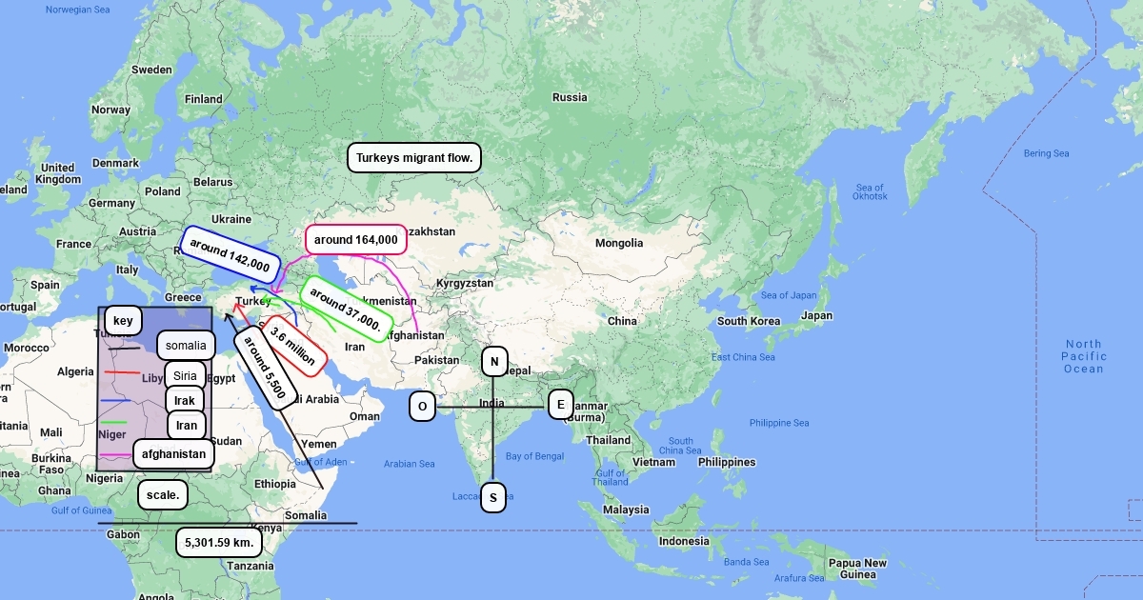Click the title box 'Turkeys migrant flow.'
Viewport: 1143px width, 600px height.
pos(414,157)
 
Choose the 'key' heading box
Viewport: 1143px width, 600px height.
pos(123,321)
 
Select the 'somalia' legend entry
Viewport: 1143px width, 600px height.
pos(186,345)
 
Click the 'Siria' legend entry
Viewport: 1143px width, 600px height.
pos(185,375)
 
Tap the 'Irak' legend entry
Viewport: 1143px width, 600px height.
pos(185,400)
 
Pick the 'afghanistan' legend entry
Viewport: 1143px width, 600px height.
pos(173,454)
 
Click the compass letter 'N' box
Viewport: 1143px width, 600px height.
pos(494,362)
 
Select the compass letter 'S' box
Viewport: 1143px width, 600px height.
pos(492,497)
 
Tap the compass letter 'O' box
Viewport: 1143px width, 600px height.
pos(422,407)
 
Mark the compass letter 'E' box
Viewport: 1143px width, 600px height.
pos(561,405)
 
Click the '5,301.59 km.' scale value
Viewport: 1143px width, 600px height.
pos(219,542)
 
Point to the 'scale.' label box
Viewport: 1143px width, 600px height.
pos(163,495)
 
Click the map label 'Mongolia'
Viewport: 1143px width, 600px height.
pos(619,243)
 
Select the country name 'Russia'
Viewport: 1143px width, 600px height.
pos(570,97)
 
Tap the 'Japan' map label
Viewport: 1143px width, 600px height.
pos(816,315)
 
